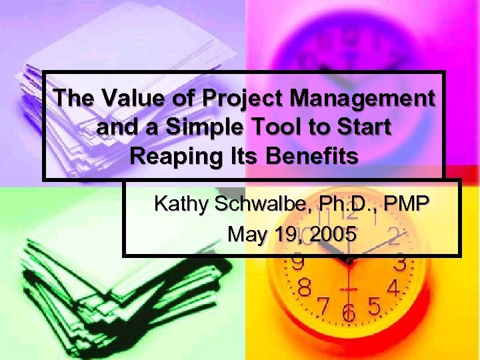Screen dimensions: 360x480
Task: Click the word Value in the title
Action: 127,99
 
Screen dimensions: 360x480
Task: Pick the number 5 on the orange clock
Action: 375,307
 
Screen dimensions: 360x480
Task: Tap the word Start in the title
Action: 363,127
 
